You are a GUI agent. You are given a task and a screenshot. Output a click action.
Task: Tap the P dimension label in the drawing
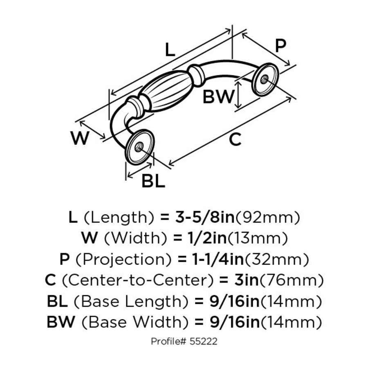pyautogui.click(x=280, y=46)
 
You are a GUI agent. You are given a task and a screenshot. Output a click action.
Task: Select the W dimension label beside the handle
pyautogui.click(x=80, y=139)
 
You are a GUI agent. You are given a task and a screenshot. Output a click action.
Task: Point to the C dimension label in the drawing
pyautogui.click(x=235, y=139)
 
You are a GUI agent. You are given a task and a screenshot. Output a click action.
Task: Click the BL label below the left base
pyautogui.click(x=153, y=181)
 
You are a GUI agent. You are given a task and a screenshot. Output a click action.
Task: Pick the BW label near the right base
pyautogui.click(x=219, y=97)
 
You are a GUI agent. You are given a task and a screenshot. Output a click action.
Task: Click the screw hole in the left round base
pyautogui.click(x=138, y=146)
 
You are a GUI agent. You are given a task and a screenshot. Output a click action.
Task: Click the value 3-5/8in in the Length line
pyautogui.click(x=203, y=217)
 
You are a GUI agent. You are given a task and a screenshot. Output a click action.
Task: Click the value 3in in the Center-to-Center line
pyautogui.click(x=246, y=280)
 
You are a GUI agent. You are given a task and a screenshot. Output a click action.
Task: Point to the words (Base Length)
pyautogui.click(x=130, y=302)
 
